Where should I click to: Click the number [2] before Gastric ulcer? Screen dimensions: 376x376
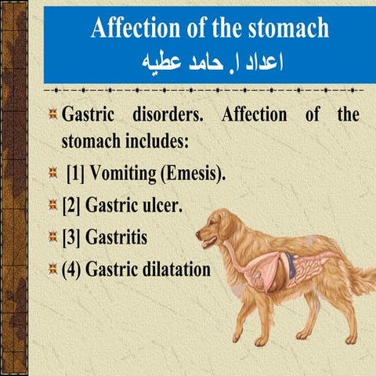click(x=71, y=205)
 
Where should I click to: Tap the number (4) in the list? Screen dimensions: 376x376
click(x=72, y=269)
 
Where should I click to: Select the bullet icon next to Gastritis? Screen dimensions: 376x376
click(x=52, y=237)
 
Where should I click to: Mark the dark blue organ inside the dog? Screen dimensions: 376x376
click(x=291, y=264)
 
